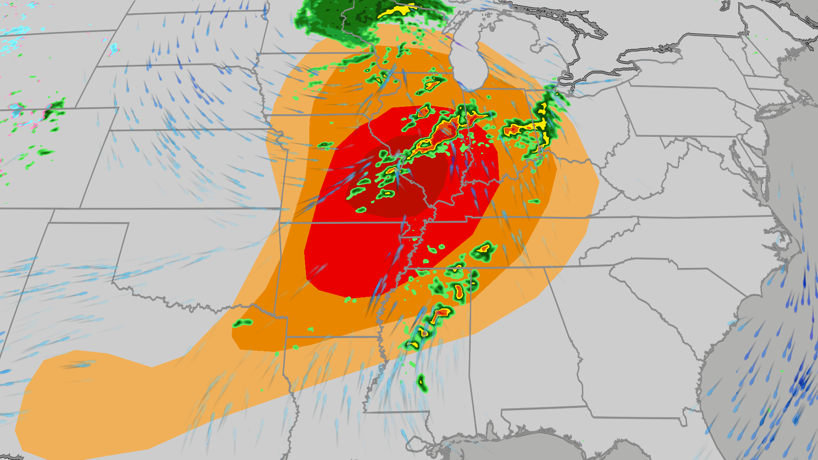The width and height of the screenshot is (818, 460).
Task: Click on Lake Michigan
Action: pos(469,55)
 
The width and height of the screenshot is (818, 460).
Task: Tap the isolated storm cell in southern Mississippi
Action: pos(421,382)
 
